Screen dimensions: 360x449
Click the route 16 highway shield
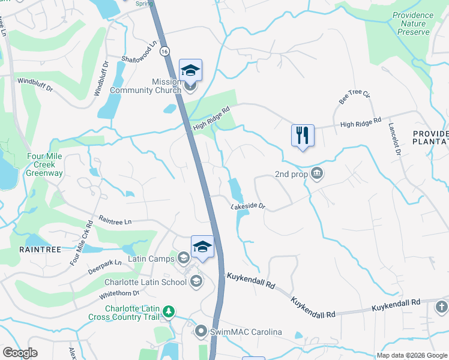tap(164, 52)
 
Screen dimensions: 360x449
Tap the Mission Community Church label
tap(157, 86)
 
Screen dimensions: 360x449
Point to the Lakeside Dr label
tap(248, 206)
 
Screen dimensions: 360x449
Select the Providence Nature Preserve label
tap(412, 23)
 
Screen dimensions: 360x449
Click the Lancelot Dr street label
tap(394, 140)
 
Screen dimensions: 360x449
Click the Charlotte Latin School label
tap(146, 283)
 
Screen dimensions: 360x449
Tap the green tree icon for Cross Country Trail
tap(170, 311)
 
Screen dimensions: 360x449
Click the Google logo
tap(20, 353)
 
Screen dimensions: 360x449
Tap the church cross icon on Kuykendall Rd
tap(441, 308)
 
